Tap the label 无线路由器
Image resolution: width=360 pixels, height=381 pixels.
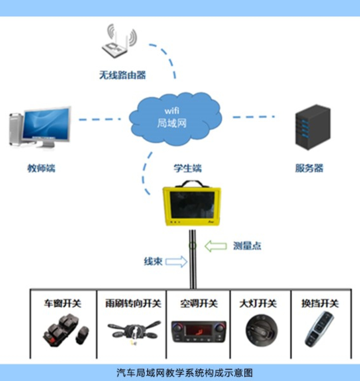pos(122,75)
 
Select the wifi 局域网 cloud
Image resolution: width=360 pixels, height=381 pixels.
pos(176,117)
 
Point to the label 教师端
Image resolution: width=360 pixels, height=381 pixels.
pos(41,168)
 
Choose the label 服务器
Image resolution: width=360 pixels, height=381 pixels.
pos(309,168)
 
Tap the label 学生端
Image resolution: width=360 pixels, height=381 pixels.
pos(188,168)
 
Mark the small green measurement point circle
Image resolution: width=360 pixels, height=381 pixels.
pos(192,246)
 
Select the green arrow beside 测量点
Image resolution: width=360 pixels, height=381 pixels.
pos(215,246)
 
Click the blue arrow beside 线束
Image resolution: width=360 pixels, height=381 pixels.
pos(176,262)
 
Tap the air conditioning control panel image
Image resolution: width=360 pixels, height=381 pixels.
pos(199,331)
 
